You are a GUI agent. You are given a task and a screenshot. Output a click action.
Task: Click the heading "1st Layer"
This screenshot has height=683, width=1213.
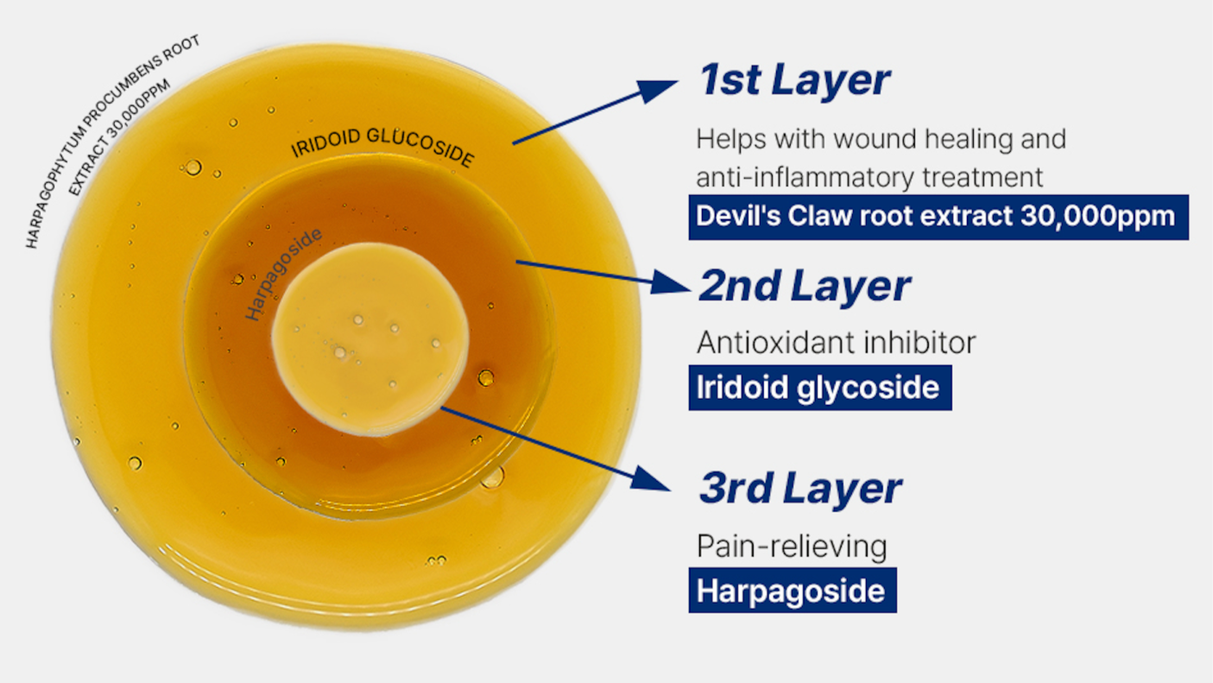794,80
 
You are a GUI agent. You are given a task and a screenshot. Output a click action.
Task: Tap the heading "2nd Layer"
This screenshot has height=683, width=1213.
805,286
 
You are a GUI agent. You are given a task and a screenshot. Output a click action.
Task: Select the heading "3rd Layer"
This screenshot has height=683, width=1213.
799,489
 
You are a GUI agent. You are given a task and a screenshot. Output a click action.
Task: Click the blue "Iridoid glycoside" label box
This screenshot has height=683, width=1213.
820,388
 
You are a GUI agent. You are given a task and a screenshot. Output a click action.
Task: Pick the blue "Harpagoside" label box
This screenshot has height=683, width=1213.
793,591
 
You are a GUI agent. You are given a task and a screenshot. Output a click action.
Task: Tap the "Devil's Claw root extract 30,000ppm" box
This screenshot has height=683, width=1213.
938,218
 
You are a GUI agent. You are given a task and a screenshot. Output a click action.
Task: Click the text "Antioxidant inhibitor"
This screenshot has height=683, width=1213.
836,343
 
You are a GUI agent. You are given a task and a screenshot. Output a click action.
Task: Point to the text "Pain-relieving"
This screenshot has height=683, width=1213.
792,547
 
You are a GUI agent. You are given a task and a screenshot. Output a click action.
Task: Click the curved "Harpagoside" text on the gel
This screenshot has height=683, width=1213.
282,274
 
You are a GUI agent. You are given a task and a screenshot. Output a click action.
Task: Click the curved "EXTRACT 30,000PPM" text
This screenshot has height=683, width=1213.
118,137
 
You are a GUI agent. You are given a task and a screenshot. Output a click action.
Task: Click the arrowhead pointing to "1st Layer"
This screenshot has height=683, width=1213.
657,91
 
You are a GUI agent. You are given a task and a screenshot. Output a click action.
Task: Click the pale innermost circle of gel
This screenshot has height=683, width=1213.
370,339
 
